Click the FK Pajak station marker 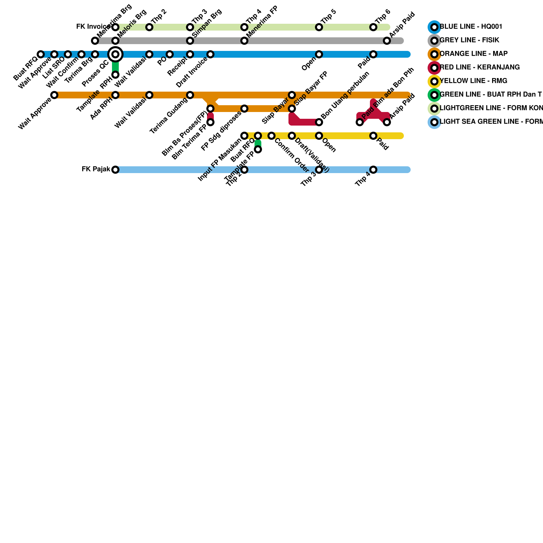(x=115, y=170)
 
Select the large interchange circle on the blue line (x=115, y=54)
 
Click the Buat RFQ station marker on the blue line (x=41, y=54)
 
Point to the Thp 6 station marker (x=373, y=27)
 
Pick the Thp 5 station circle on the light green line (x=319, y=27)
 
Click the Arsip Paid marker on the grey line (x=387, y=41)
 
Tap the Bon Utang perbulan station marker (x=319, y=122)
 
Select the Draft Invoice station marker (x=210, y=54)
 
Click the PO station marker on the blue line (x=170, y=54)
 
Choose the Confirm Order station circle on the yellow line (x=271, y=136)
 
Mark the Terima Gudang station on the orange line (x=190, y=95)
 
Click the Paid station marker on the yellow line (x=373, y=136)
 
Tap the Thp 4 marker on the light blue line (x=373, y=170)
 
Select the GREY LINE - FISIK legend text (x=469, y=40)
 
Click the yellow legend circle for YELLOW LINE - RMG (x=434, y=81)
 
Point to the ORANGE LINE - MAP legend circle (x=434, y=54)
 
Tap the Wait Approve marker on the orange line (x=54, y=95)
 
